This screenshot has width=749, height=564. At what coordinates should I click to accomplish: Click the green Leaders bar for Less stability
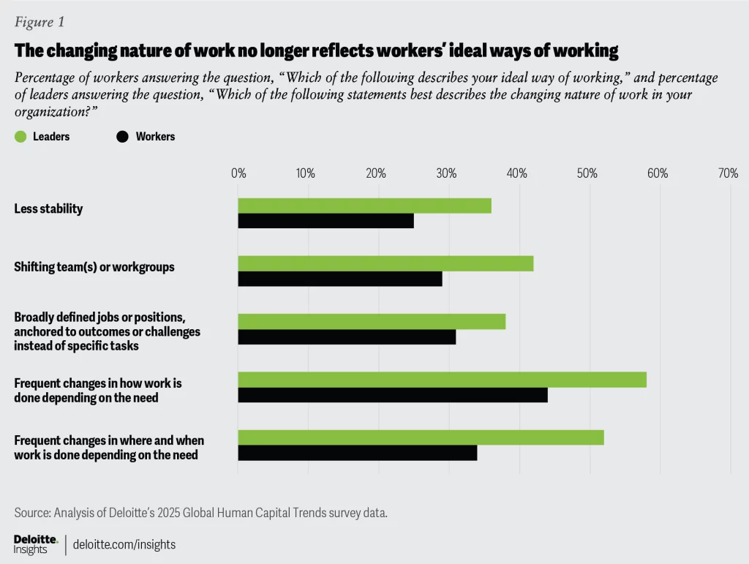click(364, 206)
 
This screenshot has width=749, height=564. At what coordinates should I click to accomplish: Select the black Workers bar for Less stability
click(325, 221)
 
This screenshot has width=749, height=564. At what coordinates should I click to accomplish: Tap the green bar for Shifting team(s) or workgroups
click(385, 263)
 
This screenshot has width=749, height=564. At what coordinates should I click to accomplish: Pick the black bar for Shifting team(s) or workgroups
click(340, 279)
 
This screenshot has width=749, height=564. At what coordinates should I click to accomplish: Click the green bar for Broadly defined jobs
click(372, 321)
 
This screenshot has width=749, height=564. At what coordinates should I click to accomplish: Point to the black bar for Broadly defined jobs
click(347, 336)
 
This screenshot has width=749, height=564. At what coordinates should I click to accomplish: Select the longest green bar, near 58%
click(442, 380)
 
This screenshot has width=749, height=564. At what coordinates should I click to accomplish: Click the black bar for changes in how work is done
click(393, 395)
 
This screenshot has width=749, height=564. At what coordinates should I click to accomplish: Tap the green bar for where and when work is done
click(421, 437)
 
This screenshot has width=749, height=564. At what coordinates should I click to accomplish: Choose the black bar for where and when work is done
click(358, 453)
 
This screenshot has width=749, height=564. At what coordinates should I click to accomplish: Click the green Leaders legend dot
click(20, 136)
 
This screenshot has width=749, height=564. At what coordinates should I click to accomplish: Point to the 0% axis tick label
click(238, 173)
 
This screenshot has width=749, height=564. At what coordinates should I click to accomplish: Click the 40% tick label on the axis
click(516, 173)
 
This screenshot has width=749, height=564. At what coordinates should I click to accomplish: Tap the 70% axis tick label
click(728, 173)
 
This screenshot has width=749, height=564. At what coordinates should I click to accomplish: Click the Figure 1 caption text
click(39, 22)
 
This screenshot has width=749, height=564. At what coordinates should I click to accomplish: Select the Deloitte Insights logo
click(35, 544)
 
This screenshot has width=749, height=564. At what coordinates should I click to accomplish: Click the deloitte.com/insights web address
click(124, 545)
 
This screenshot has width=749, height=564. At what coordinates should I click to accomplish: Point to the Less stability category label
click(48, 209)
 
